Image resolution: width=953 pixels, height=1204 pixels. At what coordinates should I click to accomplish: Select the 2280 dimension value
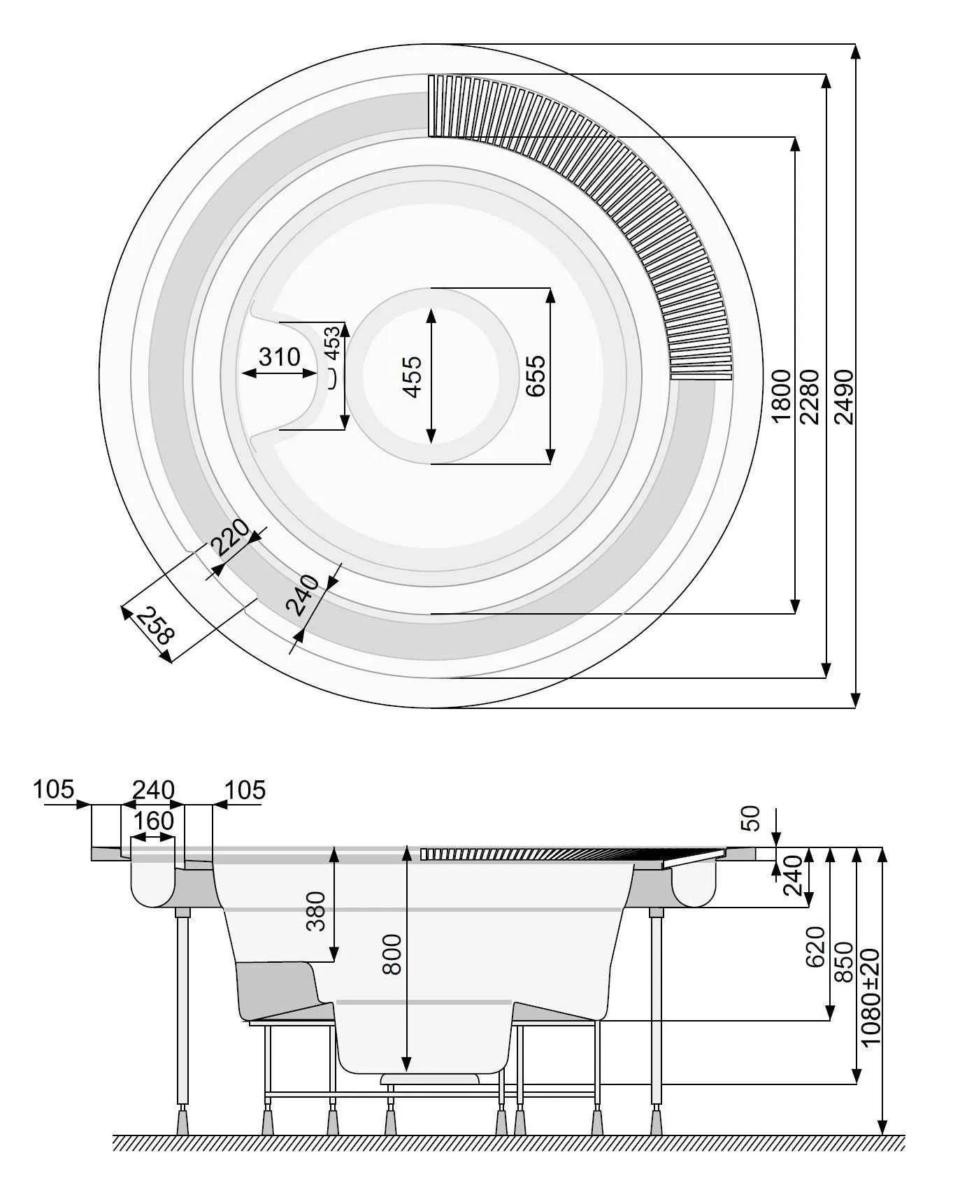[x=810, y=396]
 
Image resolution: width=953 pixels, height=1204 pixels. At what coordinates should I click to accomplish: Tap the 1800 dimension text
[x=782, y=396]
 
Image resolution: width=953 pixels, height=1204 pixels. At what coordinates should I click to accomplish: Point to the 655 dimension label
[x=535, y=375]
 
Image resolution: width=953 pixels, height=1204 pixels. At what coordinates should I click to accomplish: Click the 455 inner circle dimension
[x=413, y=376]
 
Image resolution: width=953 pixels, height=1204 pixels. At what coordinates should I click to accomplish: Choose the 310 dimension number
[x=279, y=357]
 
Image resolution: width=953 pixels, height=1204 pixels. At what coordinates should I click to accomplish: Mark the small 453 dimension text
[x=333, y=343]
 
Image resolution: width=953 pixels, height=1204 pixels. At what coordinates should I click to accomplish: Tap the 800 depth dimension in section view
[x=392, y=954]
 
